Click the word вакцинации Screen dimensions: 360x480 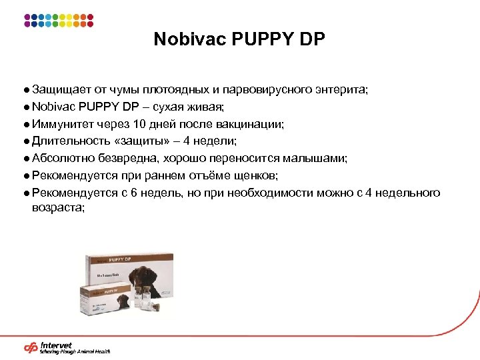point(250,123)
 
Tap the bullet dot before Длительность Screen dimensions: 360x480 point(24,141)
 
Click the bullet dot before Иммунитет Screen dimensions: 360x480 point(24,123)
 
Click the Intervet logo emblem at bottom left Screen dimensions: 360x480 point(31,347)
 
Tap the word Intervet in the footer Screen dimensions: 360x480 point(57,345)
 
